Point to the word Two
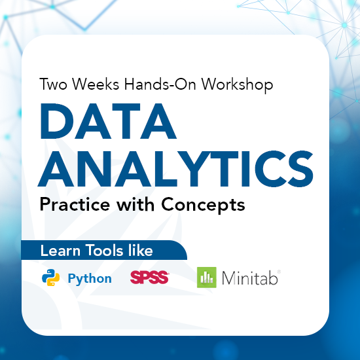point(52,85)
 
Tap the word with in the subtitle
point(140,204)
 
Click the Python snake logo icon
point(51,278)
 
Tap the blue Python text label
point(90,279)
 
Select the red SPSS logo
point(149,278)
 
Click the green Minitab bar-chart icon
point(207,278)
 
